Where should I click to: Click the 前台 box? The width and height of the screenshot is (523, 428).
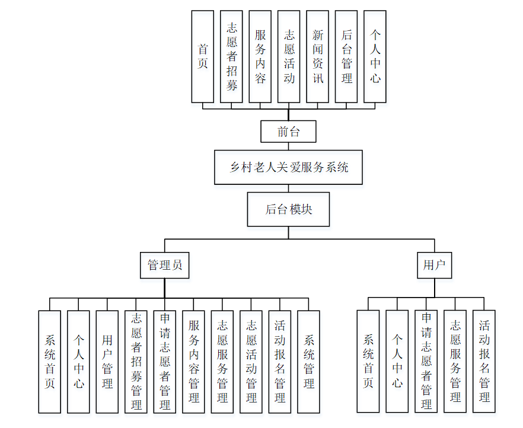(x=288, y=132)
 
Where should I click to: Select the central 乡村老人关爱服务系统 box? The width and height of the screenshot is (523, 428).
(x=288, y=167)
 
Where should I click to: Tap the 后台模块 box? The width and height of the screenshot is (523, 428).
(x=288, y=209)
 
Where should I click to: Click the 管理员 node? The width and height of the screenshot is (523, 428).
(x=165, y=265)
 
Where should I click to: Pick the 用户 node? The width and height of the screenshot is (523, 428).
(x=434, y=265)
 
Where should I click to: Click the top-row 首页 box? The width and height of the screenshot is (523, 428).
(x=203, y=56)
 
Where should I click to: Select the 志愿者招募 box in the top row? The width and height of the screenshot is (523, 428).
(x=231, y=56)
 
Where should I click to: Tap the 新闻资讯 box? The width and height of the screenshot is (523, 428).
(x=318, y=56)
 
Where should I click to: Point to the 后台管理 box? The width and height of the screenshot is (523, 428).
(x=346, y=56)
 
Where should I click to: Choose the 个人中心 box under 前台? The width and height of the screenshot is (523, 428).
(x=375, y=56)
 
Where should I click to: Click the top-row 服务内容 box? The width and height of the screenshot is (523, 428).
(x=260, y=56)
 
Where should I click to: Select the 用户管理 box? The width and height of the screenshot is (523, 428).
(x=107, y=362)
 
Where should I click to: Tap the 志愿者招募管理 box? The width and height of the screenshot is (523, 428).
(x=136, y=362)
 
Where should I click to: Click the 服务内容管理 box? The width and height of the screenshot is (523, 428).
(x=194, y=362)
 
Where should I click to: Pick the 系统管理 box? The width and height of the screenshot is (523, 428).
(x=309, y=362)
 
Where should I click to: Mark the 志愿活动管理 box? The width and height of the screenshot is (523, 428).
(x=251, y=362)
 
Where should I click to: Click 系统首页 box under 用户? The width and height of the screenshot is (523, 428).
(x=368, y=361)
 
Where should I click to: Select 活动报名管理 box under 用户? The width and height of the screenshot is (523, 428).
(x=484, y=361)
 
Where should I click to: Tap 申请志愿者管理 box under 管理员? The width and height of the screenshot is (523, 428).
(x=165, y=362)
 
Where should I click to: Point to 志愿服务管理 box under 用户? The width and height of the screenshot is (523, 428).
(x=455, y=361)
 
